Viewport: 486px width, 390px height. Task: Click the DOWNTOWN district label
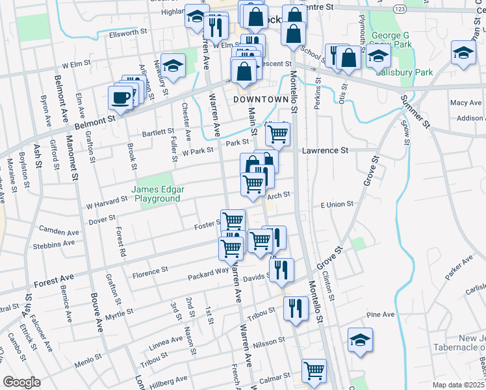coord(260,99)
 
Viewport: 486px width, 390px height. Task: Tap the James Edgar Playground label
coord(159,194)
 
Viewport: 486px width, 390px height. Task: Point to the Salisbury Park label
coord(403,73)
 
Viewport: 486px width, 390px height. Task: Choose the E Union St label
coord(337,204)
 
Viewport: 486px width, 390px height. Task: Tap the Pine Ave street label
coord(381,315)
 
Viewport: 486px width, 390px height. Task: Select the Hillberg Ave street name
coord(168,378)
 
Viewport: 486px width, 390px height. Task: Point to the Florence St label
coord(150,268)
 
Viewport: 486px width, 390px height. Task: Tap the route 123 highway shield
coord(400,8)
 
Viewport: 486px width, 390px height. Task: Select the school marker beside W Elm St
coord(173,65)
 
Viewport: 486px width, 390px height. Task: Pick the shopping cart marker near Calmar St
coord(314,370)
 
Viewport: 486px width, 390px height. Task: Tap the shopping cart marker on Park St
coord(278,133)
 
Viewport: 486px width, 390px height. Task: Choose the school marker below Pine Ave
coord(359,341)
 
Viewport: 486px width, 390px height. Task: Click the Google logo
coord(22,382)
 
